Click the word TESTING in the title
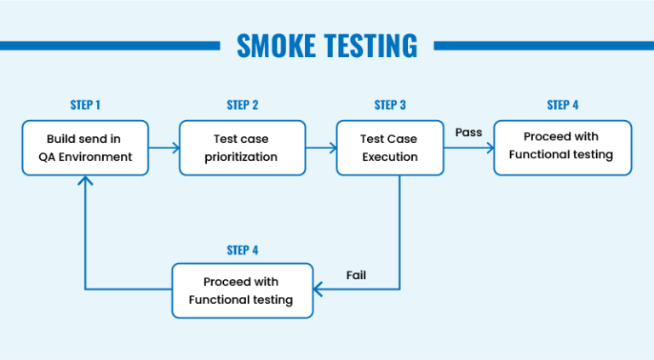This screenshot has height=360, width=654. [x=369, y=45]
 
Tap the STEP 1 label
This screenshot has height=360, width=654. [x=85, y=105]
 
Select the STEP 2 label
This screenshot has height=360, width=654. [x=243, y=105]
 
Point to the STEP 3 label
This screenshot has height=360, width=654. [x=390, y=105]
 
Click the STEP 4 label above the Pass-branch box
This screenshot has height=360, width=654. [x=563, y=105]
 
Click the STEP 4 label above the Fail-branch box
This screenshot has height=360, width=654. [x=243, y=249]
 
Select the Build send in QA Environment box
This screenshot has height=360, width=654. [x=85, y=147]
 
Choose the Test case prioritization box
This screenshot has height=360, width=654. [x=243, y=147]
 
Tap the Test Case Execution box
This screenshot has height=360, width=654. [x=390, y=147]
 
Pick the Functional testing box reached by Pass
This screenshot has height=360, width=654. [x=563, y=147]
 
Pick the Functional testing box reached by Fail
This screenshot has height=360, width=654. [x=243, y=290]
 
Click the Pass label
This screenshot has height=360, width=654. [x=468, y=132]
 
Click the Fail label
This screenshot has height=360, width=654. [x=357, y=275]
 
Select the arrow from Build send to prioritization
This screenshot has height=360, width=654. [x=164, y=148]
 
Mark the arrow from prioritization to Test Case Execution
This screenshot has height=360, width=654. [x=321, y=148]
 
